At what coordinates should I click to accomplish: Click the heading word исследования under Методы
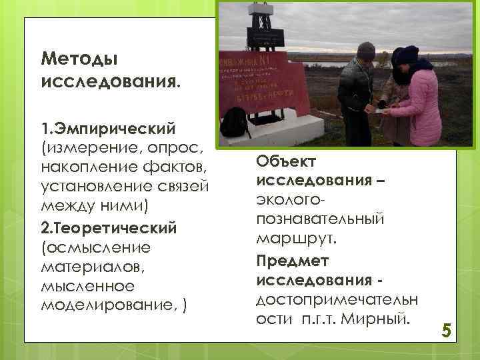[109, 83]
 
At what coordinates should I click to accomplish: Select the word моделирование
[109, 305]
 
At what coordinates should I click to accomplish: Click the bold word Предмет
[293, 260]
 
